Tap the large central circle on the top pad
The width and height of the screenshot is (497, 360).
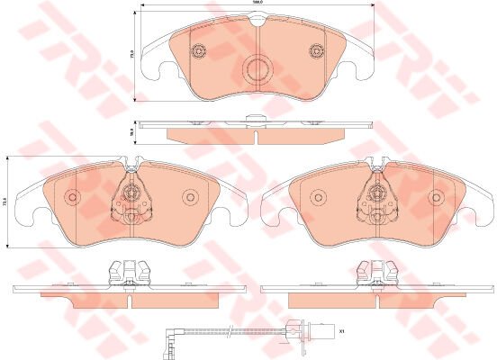pos(258,67)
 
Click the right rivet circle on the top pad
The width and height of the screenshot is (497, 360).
pos(315,50)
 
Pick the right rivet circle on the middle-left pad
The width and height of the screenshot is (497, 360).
pos(190,198)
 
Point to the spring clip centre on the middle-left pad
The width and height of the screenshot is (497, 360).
pos(132,193)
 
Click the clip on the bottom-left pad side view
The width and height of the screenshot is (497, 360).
pos(126,270)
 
